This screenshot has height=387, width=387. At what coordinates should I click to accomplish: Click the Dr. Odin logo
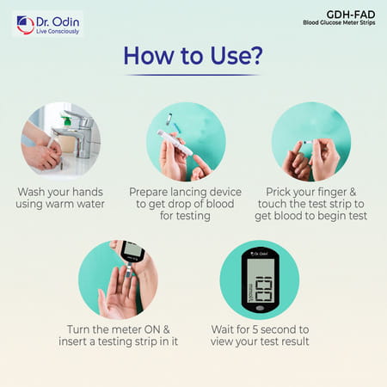47,24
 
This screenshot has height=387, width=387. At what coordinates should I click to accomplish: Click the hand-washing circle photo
61,140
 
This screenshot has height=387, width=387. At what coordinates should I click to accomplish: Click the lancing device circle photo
186,140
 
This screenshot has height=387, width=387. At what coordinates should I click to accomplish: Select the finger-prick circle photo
310,140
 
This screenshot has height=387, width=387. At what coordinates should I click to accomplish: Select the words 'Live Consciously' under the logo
58,31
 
